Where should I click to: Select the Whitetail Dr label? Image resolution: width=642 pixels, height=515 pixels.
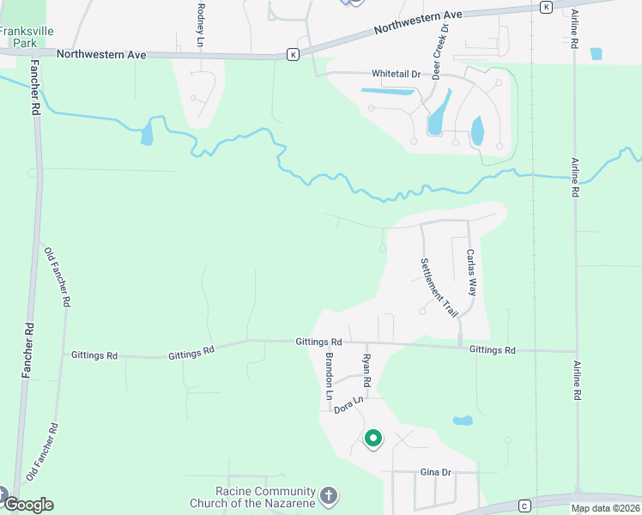pyautogui.click(x=396, y=74)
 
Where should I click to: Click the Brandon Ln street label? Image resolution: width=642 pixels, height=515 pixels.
pyautogui.click(x=328, y=375)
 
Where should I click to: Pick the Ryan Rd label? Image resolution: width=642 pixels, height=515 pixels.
pyautogui.click(x=366, y=369)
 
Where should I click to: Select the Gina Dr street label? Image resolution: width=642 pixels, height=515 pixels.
pyautogui.click(x=436, y=473)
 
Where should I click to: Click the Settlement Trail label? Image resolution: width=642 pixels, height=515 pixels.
pyautogui.click(x=439, y=288)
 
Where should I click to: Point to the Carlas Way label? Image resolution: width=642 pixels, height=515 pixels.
pyautogui.click(x=470, y=272)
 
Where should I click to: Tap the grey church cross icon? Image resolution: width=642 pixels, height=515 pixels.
pyautogui.click(x=328, y=496)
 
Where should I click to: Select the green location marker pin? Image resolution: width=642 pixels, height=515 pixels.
pyautogui.click(x=373, y=439)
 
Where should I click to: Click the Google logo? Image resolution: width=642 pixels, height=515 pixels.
pyautogui.click(x=27, y=504)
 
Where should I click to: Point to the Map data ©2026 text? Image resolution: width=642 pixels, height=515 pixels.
pyautogui.click(x=606, y=508)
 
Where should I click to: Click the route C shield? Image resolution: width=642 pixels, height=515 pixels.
pyautogui.click(x=524, y=505)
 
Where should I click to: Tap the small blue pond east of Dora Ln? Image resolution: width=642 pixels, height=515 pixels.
pyautogui.click(x=463, y=421)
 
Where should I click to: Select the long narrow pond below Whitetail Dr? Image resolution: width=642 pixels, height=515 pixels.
pyautogui.click(x=388, y=90)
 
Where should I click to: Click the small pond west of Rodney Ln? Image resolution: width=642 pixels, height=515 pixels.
pyautogui.click(x=146, y=132)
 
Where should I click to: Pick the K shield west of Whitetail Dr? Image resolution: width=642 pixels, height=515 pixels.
pyautogui.click(x=293, y=55)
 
